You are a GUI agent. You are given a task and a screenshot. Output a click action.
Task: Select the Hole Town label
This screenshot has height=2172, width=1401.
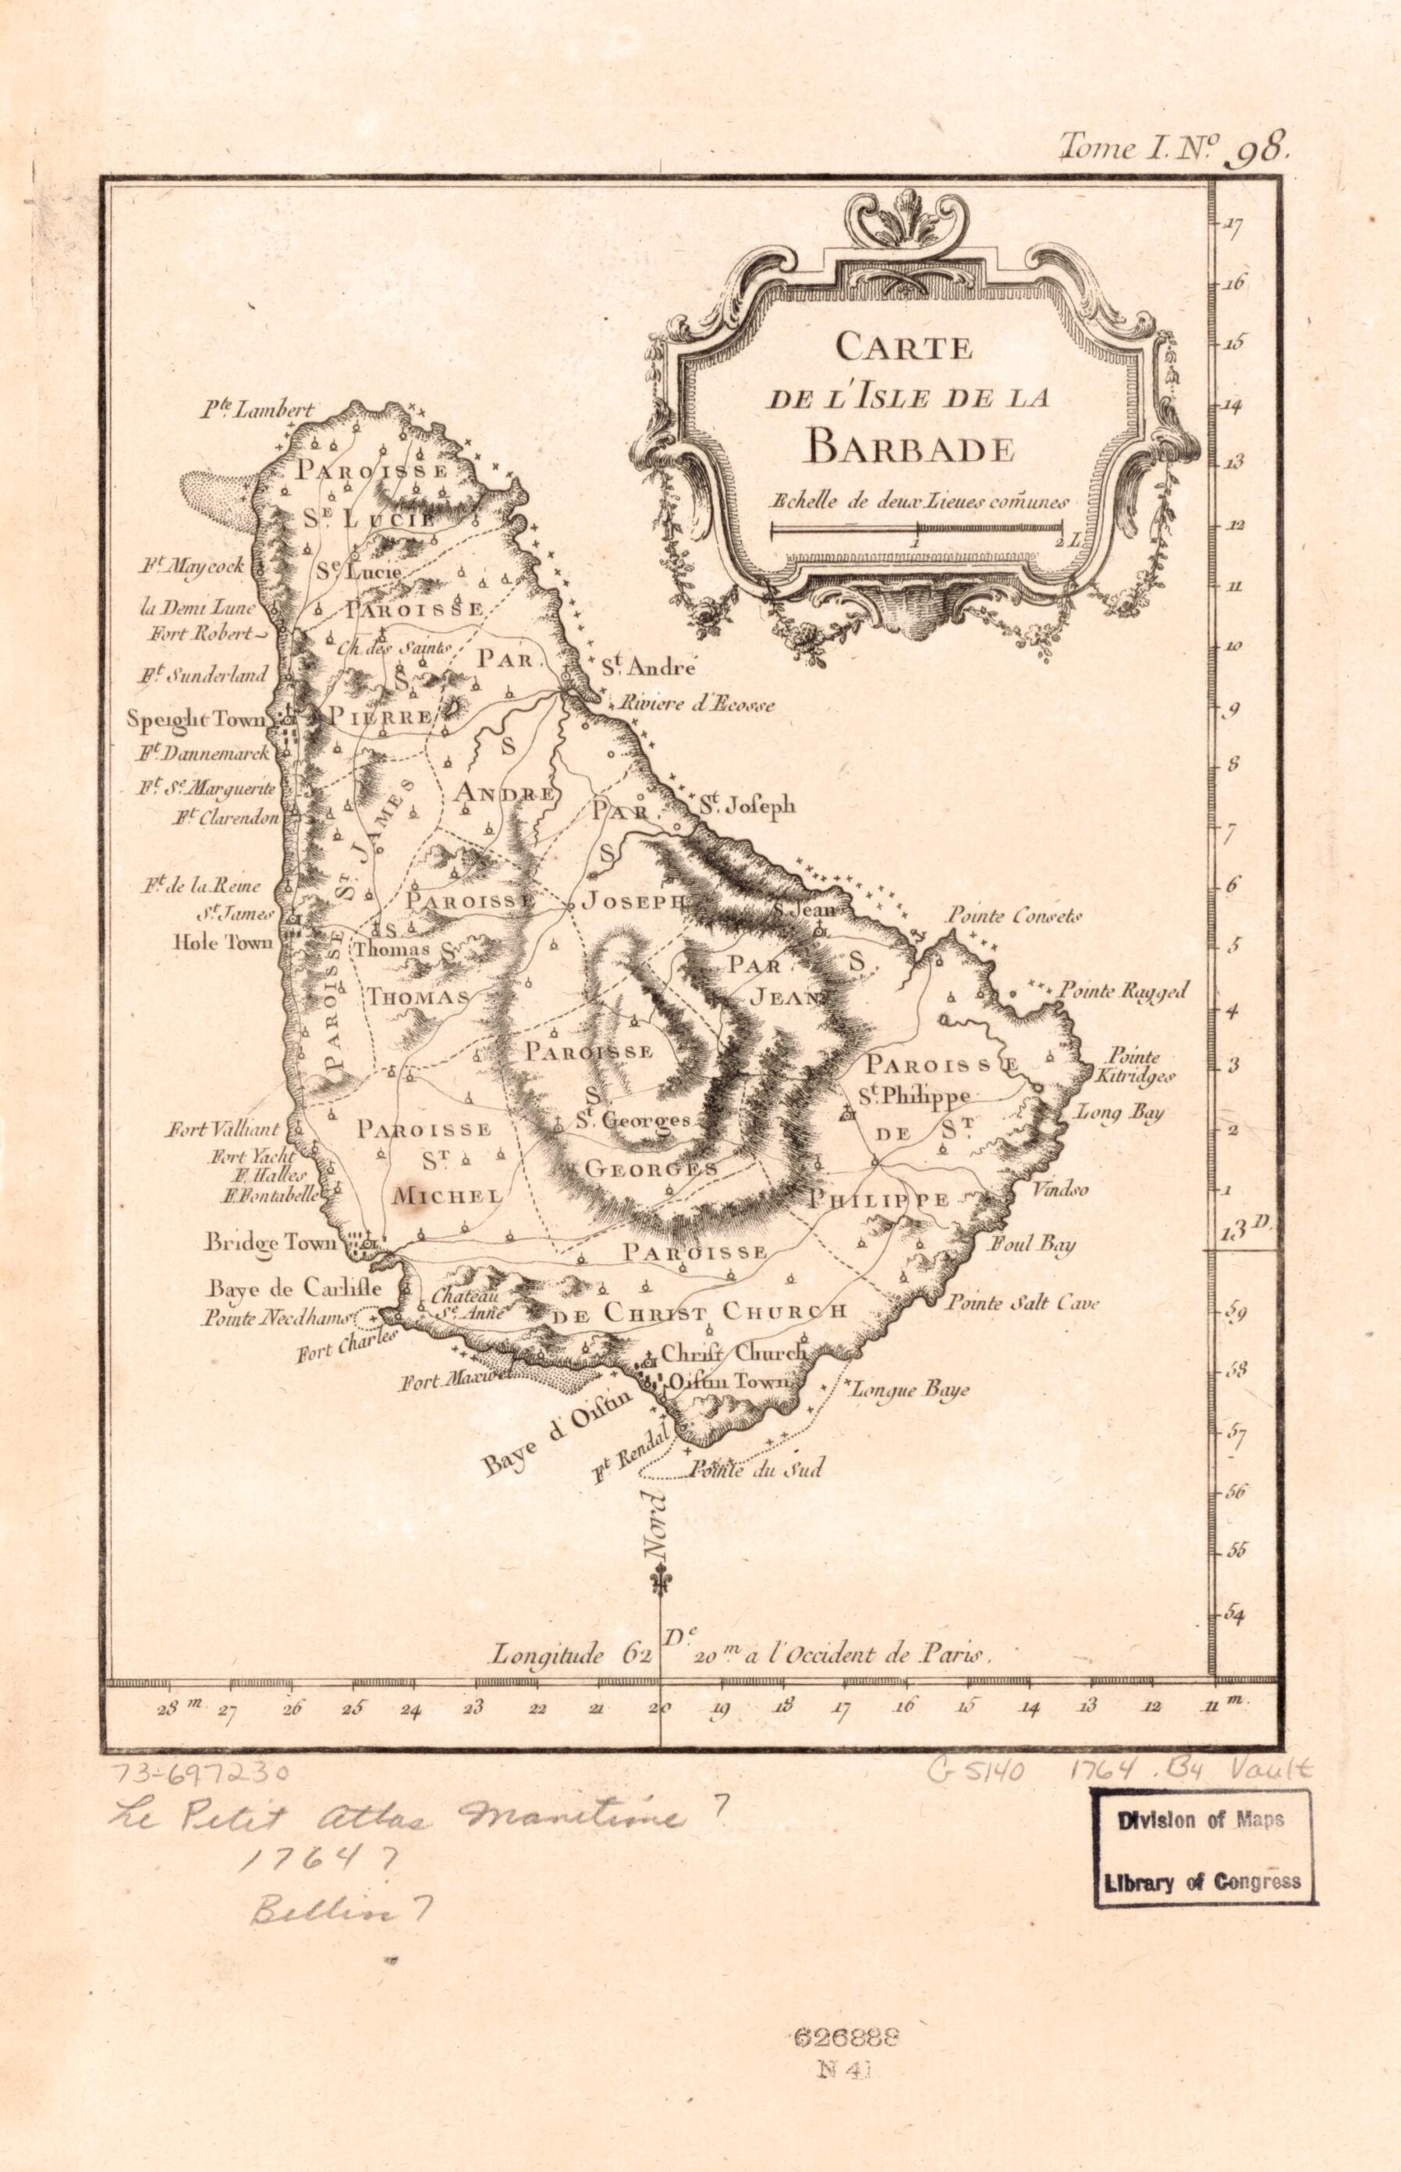(223, 943)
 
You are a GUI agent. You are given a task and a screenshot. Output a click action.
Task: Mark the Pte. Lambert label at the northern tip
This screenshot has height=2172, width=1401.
(257, 411)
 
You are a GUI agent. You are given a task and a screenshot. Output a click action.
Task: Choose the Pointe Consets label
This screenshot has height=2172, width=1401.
(1013, 916)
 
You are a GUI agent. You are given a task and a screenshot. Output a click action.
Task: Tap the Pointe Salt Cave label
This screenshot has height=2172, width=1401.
(1022, 1303)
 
